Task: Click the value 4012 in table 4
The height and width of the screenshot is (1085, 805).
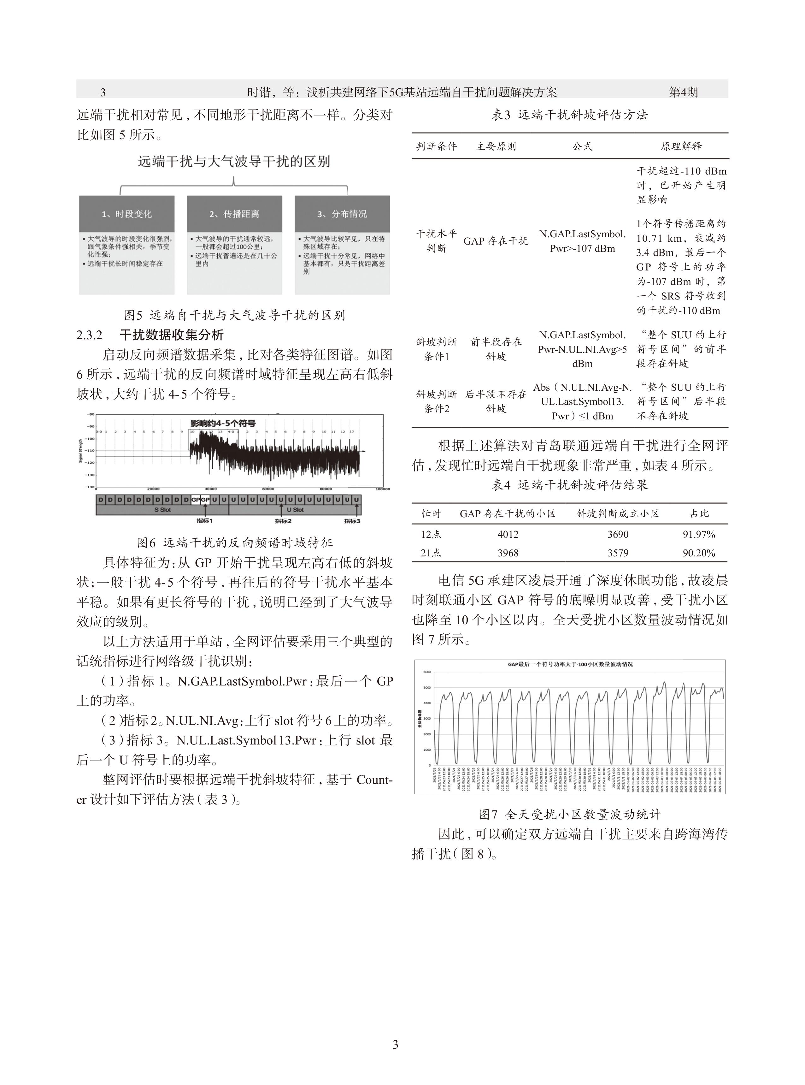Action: click(x=508, y=534)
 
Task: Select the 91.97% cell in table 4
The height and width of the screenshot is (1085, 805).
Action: click(x=698, y=534)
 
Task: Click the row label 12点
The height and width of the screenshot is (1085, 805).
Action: click(x=431, y=534)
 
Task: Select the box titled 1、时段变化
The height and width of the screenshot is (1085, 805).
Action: click(x=127, y=214)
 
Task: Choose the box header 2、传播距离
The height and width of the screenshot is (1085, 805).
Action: click(x=234, y=214)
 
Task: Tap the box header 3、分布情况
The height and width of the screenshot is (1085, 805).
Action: click(x=342, y=214)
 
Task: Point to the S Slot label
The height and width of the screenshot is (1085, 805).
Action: click(x=162, y=510)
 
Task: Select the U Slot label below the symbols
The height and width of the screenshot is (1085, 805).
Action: click(x=294, y=510)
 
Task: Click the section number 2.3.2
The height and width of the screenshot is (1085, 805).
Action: click(x=89, y=335)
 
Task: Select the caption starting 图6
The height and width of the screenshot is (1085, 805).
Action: click(x=235, y=542)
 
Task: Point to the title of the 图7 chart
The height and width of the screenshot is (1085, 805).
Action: click(x=570, y=664)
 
